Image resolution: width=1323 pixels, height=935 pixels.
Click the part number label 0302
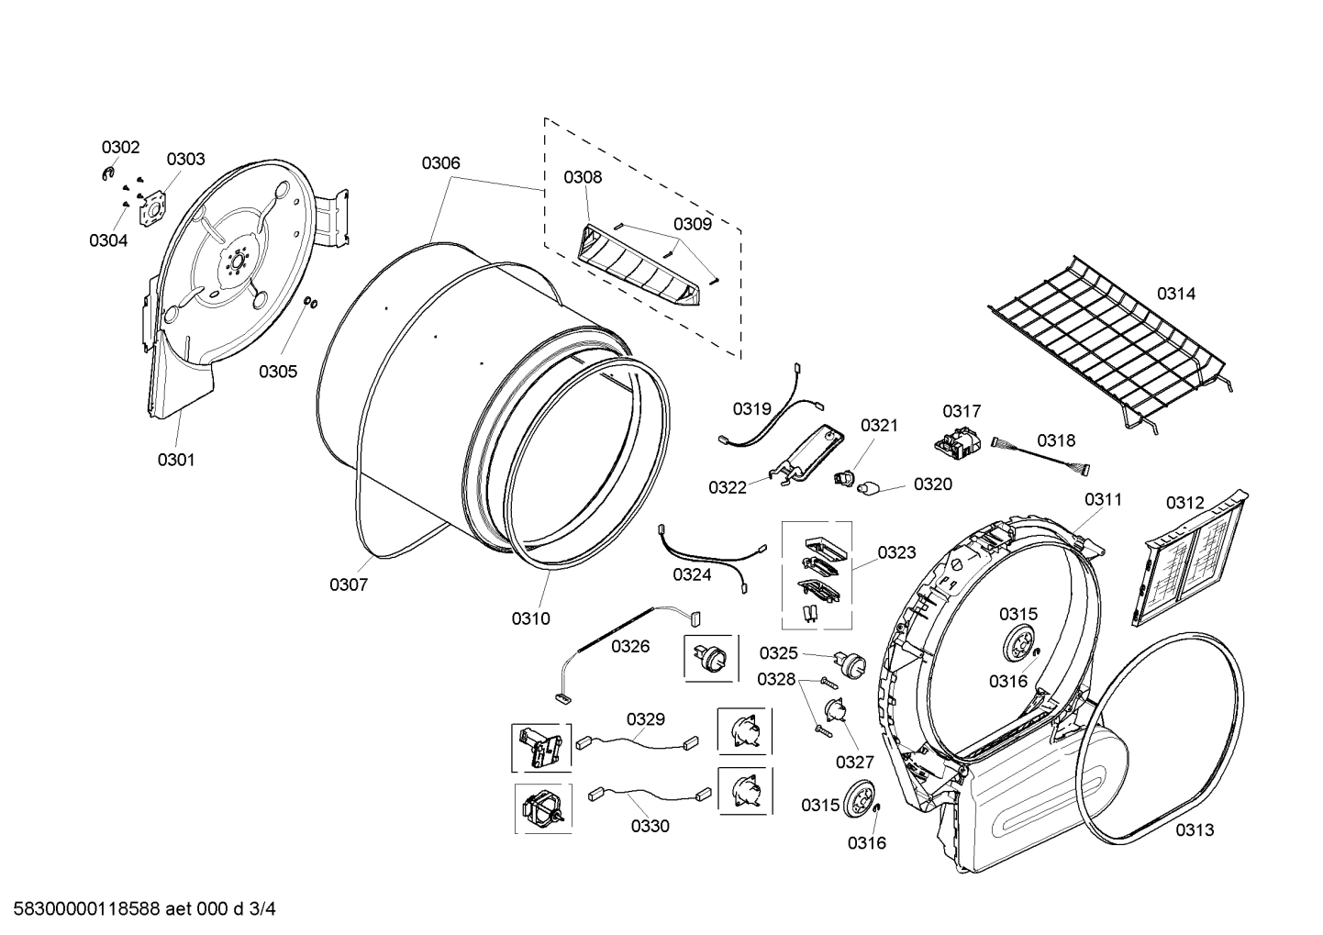120,147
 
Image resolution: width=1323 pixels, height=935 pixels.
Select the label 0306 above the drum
440,163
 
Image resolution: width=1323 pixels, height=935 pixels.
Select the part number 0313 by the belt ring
1195,829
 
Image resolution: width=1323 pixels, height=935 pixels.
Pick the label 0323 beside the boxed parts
895,552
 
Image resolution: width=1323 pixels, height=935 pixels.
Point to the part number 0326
630,647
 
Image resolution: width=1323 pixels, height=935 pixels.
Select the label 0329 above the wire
646,719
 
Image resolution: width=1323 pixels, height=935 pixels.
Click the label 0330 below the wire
650,826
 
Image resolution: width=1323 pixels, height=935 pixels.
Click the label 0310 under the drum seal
530,618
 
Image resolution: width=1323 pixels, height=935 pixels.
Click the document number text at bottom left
139,910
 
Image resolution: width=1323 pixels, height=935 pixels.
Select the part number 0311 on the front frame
1103,499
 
